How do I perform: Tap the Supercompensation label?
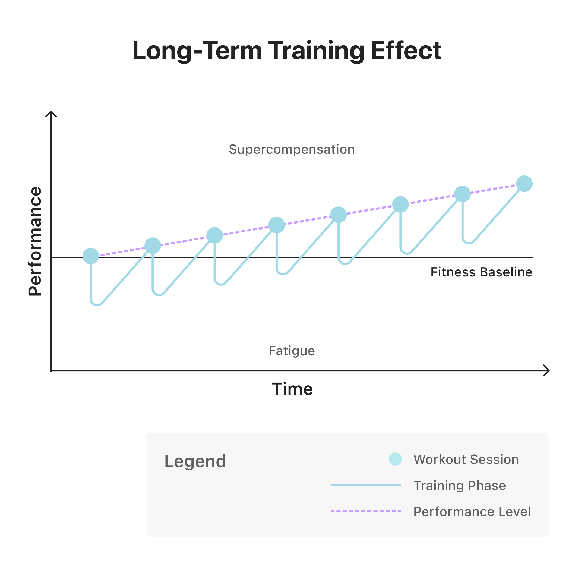click(x=292, y=149)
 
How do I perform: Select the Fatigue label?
click(x=292, y=351)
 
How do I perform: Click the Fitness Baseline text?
click(x=481, y=272)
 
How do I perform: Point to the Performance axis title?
click(x=35, y=241)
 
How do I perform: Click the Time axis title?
click(x=292, y=389)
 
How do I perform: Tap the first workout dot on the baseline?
click(x=91, y=256)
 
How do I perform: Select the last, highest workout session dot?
click(x=524, y=184)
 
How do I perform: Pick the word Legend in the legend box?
click(x=195, y=461)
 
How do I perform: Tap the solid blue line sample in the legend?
click(x=366, y=485)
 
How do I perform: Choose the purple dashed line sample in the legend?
click(x=366, y=511)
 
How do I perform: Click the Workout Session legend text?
click(x=466, y=460)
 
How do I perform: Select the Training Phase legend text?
click(x=460, y=486)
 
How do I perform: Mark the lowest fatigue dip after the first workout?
click(x=97, y=304)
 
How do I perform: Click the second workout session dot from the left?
click(x=153, y=246)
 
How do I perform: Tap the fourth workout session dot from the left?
click(x=276, y=225)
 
